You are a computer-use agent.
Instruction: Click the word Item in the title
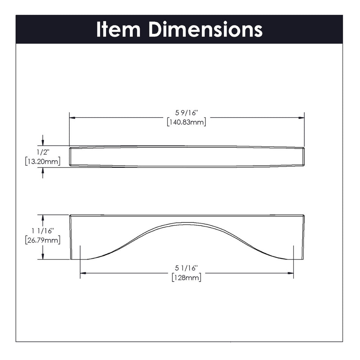pos(118,29)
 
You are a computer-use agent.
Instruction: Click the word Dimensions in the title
pos(205,29)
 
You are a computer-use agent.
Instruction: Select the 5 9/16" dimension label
pos(186,113)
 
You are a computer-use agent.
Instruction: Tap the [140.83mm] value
pos(186,122)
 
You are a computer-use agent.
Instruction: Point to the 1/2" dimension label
pos(42,152)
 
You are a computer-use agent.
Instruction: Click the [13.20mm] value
pos(42,162)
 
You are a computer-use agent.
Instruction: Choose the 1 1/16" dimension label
pos(43,230)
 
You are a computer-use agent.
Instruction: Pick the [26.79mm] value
pos(43,240)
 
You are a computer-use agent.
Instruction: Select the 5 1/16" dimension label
pos(186,268)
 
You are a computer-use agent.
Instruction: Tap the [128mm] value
pos(186,277)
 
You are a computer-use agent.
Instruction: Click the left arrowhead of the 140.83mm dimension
pos(72,118)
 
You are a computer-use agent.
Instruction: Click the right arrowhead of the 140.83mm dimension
pos(302,118)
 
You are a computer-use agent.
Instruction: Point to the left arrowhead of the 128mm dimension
pos(83,273)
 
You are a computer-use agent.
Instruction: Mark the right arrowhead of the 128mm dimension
pos(291,273)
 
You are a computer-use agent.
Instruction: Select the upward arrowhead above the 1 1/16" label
pos(43,218)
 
